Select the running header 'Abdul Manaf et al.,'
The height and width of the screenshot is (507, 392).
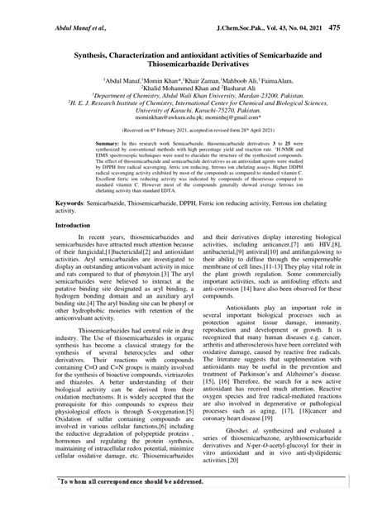[x=44, y=7]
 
